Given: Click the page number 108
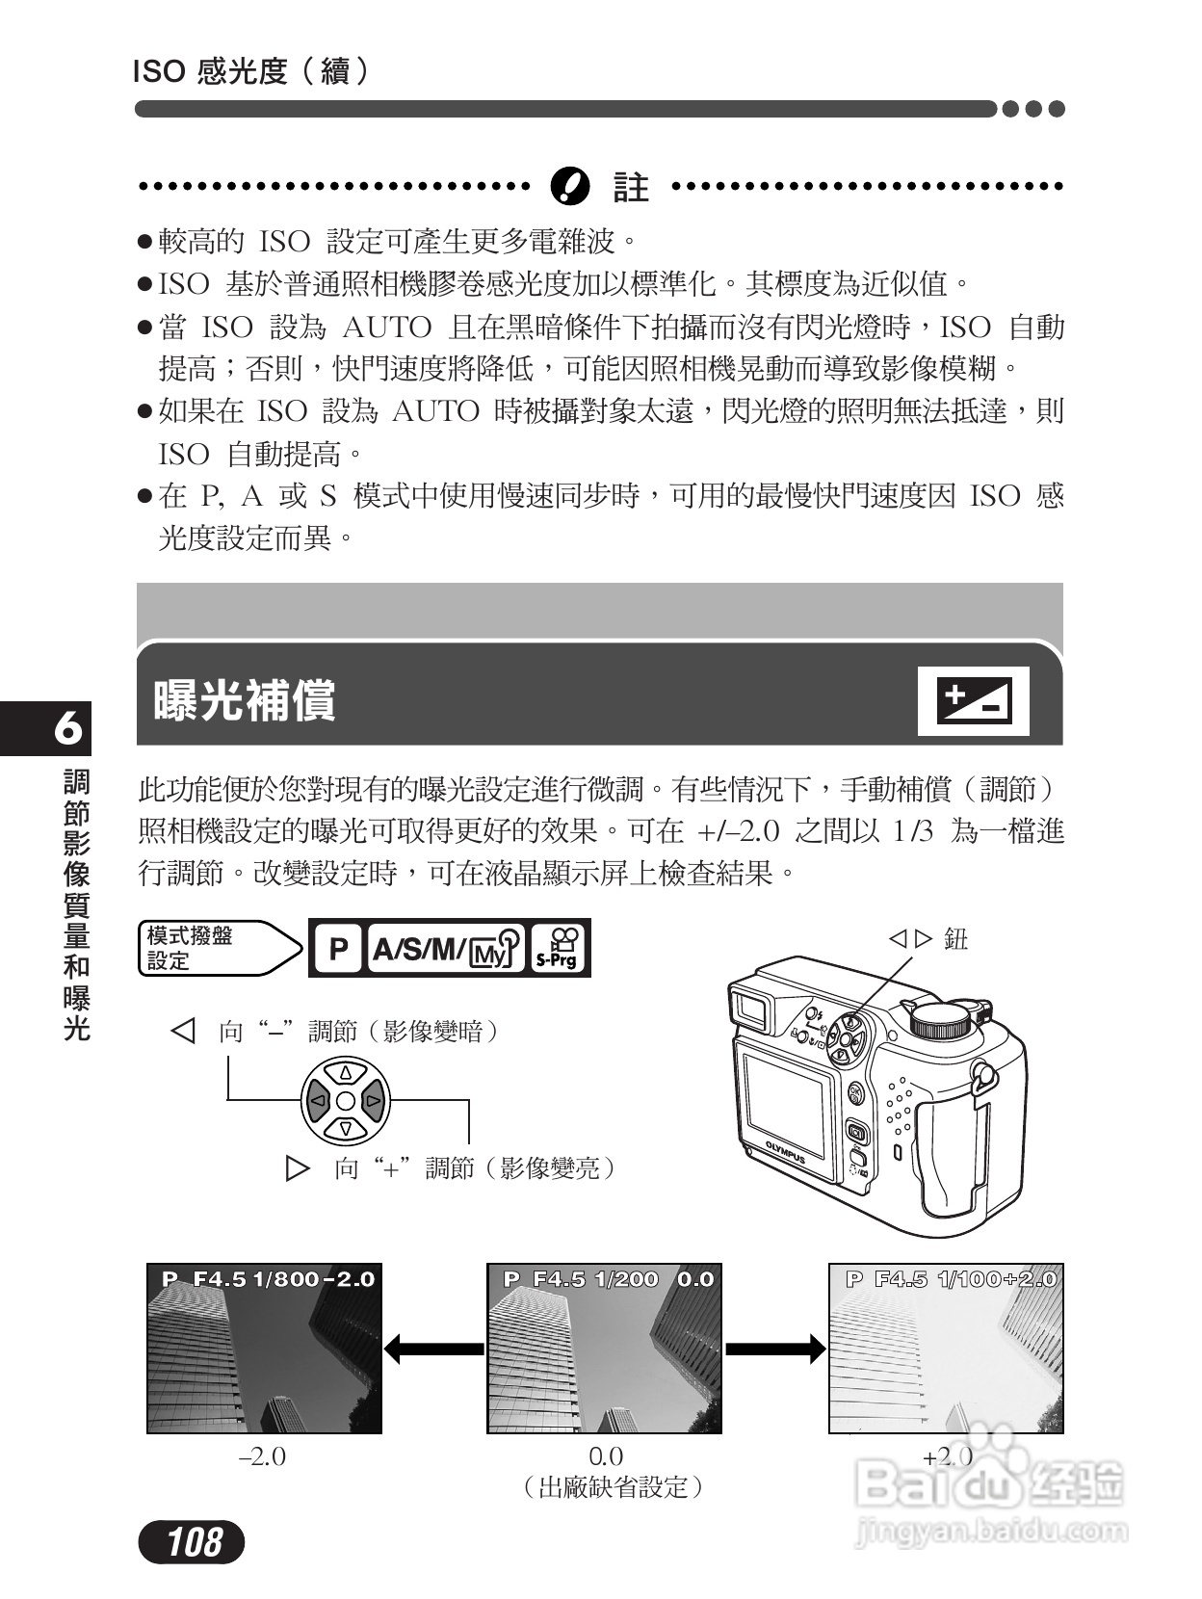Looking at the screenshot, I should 192,1541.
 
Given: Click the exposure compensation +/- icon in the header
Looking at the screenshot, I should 973,700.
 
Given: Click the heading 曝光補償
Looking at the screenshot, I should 245,700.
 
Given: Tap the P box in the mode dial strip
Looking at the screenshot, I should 338,949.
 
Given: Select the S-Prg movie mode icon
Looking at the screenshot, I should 559,949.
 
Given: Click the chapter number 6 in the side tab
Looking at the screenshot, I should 67,728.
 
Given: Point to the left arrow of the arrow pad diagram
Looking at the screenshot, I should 318,1100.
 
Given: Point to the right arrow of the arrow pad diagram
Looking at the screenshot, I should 374,1100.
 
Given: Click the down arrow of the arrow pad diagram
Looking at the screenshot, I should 346,1127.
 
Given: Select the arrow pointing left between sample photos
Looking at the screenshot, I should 433,1348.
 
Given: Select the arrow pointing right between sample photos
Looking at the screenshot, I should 775,1348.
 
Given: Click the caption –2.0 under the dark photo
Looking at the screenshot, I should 262,1456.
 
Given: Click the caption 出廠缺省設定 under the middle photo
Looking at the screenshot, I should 613,1487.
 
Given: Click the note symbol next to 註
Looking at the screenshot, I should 569,186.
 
